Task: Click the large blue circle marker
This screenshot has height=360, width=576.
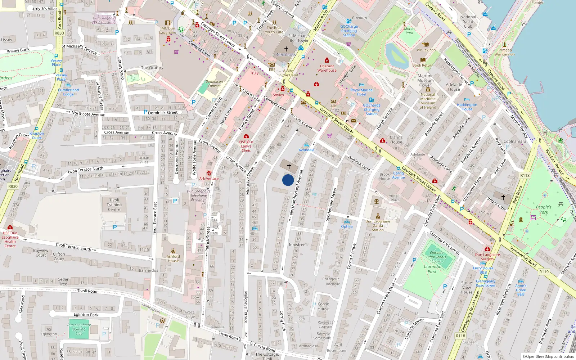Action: click(x=288, y=180)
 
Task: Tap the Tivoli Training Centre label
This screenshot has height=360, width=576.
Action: click(x=114, y=205)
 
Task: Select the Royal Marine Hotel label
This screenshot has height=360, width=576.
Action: click(x=361, y=92)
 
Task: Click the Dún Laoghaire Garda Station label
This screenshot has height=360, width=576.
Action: click(x=378, y=226)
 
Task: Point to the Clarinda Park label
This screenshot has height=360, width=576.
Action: click(x=432, y=269)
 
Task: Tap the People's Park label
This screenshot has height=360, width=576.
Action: click(x=544, y=210)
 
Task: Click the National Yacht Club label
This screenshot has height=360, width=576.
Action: click(x=468, y=22)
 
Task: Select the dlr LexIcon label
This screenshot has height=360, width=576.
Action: click(x=426, y=50)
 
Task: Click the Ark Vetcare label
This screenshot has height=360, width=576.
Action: click(x=209, y=179)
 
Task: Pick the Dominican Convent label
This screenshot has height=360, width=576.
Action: click(x=214, y=84)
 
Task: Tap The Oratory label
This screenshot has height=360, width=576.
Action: click(x=152, y=68)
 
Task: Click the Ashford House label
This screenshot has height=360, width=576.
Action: click(x=173, y=258)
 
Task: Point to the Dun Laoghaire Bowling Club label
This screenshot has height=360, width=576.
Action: click(x=79, y=329)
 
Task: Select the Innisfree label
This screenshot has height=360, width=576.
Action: click(x=297, y=245)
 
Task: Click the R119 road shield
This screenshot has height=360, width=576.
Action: click(x=544, y=272)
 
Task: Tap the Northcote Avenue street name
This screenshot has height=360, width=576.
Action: click(x=88, y=114)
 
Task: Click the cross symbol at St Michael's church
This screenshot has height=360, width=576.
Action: click(x=286, y=49)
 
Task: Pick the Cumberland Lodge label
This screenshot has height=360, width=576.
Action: click(x=68, y=92)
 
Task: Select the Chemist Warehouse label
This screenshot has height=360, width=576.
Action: click(x=327, y=68)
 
